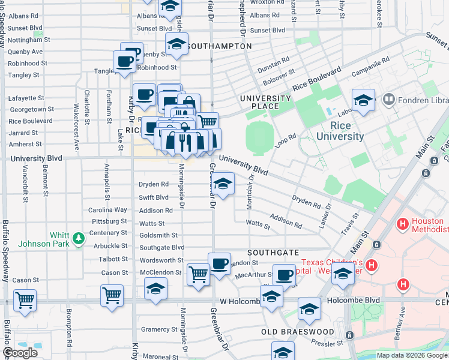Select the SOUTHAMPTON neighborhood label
218,46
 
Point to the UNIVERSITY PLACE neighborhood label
265,102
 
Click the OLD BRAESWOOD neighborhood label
298,332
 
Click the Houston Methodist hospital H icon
402,224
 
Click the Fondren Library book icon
388,98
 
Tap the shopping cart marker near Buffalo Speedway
25,299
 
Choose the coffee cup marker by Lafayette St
145,95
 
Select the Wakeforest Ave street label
76,127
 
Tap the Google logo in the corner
20,353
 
